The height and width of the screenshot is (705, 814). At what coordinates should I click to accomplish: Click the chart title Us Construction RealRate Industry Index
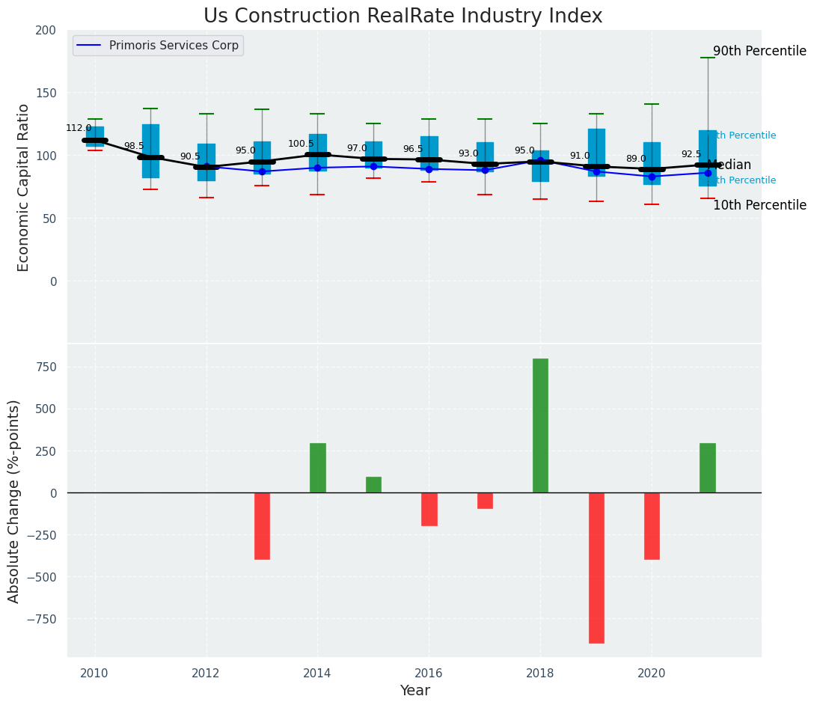403,16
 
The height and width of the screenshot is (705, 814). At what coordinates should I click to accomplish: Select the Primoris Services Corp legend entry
158,46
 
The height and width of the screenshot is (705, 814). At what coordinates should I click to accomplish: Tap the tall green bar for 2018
540,425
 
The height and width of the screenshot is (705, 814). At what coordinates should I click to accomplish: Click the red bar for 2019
596,567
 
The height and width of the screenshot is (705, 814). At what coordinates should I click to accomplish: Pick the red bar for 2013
262,525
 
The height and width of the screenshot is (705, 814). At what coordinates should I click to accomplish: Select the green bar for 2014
318,468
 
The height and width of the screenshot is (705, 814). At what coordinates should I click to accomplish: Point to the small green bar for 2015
373,484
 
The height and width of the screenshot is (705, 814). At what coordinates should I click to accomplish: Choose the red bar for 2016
429,509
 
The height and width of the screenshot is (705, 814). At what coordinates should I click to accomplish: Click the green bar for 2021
708,468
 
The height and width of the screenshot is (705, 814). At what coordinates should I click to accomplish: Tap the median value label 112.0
79,128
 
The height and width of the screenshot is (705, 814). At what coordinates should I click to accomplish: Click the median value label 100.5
302,144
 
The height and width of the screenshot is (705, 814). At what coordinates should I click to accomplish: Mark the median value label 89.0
636,159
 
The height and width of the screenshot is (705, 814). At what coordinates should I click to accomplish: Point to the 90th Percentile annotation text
759,52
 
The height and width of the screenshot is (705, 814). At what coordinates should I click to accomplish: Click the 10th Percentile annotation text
759,205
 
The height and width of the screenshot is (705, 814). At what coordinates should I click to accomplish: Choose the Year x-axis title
414,691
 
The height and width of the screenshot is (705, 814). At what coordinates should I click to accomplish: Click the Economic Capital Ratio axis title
24,187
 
